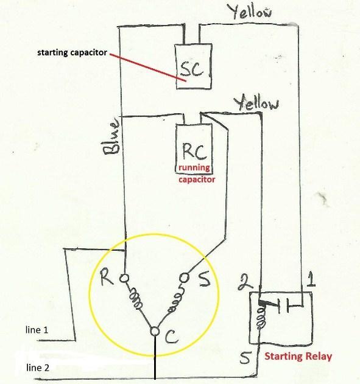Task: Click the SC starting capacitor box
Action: point(193,66)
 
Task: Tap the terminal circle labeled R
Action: point(124,278)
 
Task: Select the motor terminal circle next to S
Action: point(185,278)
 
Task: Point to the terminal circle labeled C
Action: point(155,331)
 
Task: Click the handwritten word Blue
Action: point(111,137)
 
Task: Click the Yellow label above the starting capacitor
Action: point(250,12)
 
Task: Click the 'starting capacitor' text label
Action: point(72,53)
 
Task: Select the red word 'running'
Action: point(194,168)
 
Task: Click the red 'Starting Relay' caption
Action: point(298,356)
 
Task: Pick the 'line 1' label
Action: point(37,330)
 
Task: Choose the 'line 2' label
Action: point(38,368)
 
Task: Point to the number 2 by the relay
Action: point(245,282)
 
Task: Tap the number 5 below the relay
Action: point(245,358)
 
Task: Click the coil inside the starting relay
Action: point(261,318)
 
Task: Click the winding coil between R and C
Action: point(135,298)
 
